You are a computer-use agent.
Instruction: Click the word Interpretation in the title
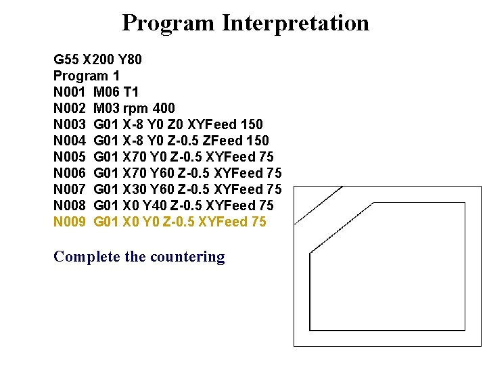pyautogui.click(x=295, y=23)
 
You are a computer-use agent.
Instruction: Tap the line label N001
pyautogui.click(x=70, y=91)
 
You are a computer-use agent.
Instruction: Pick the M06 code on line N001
pyautogui.click(x=107, y=91)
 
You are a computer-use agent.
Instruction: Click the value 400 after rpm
pyautogui.click(x=164, y=107)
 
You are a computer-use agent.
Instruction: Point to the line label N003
pyautogui.click(x=70, y=124)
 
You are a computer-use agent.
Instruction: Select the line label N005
pyautogui.click(x=70, y=156)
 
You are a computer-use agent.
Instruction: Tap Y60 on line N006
pyautogui.click(x=164, y=172)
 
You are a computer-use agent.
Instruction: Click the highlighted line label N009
pyautogui.click(x=70, y=221)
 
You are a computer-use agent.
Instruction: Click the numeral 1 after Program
pyautogui.click(x=116, y=75)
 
